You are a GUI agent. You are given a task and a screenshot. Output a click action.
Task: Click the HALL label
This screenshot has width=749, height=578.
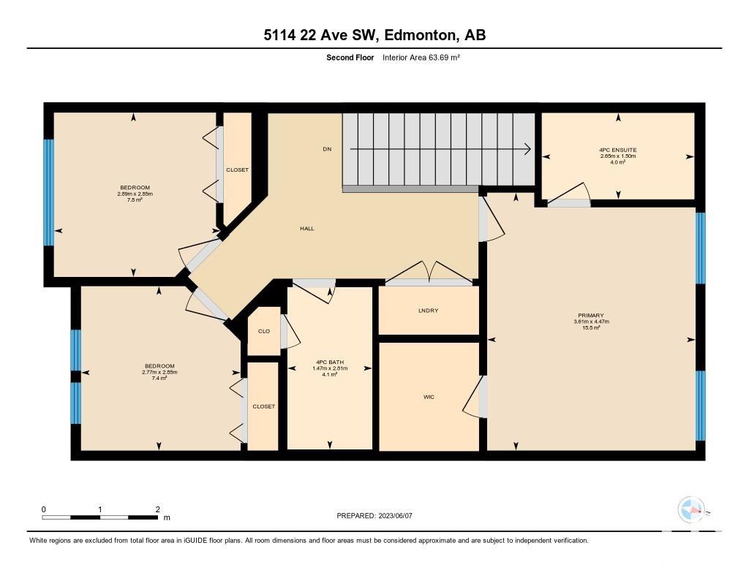point(307,229)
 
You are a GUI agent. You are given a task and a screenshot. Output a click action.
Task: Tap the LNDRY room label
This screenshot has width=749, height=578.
point(428,311)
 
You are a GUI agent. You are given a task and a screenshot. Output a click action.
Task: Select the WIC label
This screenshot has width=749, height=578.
point(429,397)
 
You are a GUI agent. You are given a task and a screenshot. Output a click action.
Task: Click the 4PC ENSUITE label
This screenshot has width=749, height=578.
point(618,150)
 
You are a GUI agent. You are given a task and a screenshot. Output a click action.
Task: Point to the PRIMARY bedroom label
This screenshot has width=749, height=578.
point(591,316)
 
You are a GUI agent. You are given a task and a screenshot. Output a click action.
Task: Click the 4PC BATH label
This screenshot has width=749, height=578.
point(330,362)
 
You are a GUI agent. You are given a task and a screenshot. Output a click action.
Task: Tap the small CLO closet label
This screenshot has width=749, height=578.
point(264,331)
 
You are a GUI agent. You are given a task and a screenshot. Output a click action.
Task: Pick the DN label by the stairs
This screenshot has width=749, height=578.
point(327,149)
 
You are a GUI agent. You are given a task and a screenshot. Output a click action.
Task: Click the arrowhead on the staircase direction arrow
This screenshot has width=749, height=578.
point(528,149)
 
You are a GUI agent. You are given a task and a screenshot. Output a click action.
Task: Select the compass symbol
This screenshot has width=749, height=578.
point(691,510)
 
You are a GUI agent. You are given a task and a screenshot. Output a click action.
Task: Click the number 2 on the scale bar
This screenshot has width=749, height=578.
point(158,509)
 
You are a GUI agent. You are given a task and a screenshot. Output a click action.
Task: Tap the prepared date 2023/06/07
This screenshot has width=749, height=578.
point(396,516)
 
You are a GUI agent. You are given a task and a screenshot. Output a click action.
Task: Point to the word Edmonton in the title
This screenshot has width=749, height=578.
point(419,35)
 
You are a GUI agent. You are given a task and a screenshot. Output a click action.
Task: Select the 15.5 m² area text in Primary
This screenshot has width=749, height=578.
point(591,328)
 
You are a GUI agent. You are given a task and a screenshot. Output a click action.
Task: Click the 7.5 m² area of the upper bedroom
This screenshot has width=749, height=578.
point(135,200)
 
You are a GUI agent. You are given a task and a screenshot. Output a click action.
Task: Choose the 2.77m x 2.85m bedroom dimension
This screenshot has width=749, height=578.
point(159,372)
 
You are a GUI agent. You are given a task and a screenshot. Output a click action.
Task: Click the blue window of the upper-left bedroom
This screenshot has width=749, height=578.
point(49,192)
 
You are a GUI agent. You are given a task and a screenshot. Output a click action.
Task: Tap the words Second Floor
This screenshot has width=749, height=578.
point(350,57)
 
